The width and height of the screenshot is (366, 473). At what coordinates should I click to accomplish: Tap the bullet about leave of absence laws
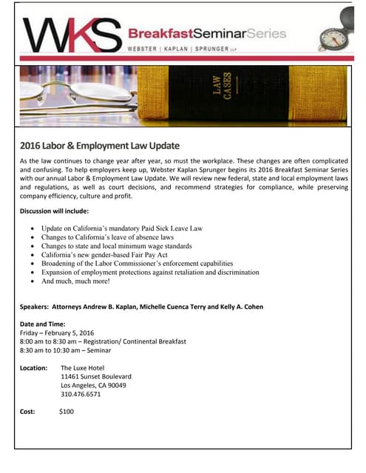tap(107, 237)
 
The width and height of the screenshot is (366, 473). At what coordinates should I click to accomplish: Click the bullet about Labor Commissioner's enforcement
tap(137, 264)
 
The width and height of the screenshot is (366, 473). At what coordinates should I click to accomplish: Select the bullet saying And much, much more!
tap(75, 282)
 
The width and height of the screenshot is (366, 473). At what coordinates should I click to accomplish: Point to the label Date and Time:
tap(43, 324)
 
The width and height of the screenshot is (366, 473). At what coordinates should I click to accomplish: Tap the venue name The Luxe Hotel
tap(84, 367)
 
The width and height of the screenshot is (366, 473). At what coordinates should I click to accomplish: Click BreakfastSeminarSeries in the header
tap(208, 33)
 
